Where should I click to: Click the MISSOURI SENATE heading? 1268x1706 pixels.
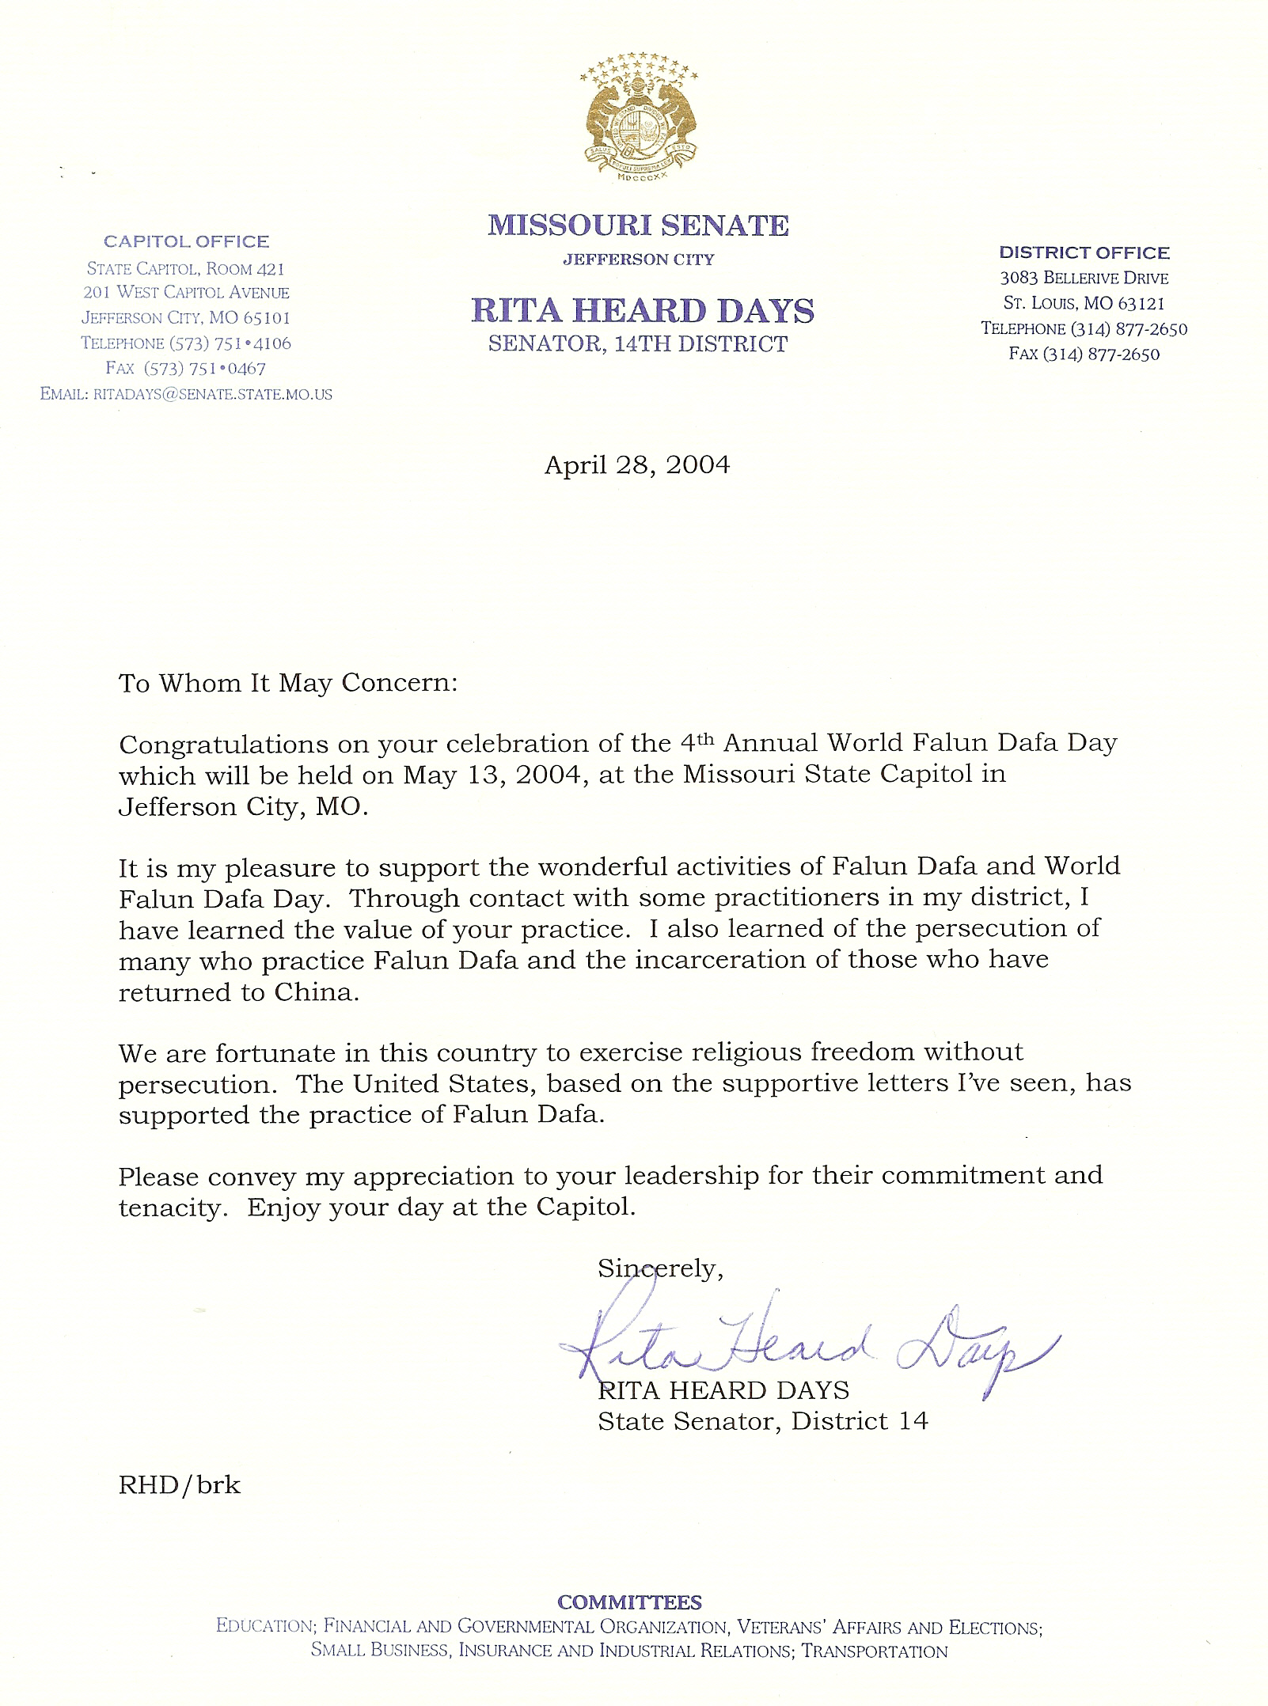[638, 226]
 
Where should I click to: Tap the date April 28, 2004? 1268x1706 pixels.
[636, 464]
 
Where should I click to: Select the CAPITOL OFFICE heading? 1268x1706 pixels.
[187, 241]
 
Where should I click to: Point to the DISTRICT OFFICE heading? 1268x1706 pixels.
[1084, 252]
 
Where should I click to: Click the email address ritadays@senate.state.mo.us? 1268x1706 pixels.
[212, 394]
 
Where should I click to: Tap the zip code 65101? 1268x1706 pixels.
[267, 318]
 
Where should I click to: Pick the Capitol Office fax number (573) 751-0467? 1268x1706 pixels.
[205, 368]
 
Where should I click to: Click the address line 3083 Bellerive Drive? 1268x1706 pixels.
[1084, 278]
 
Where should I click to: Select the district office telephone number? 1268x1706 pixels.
[1129, 328]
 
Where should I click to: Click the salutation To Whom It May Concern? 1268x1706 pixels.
[288, 683]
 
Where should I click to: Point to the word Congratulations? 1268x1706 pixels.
[224, 745]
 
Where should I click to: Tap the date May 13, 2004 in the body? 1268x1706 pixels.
[495, 775]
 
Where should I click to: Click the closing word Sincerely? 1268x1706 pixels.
[660, 1268]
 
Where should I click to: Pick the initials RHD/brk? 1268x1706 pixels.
[180, 1485]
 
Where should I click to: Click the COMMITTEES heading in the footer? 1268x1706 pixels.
[629, 1602]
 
